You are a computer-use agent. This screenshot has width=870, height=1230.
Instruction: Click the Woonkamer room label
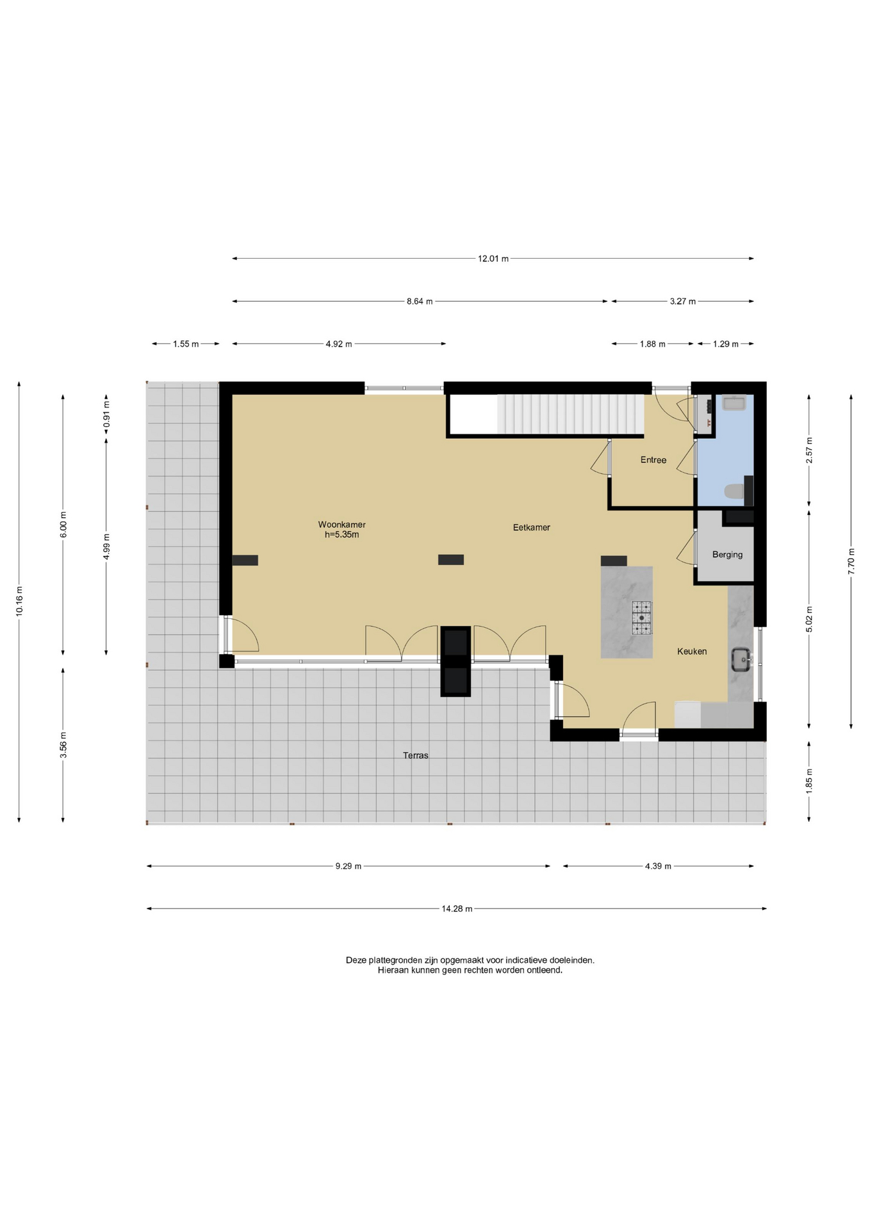341,525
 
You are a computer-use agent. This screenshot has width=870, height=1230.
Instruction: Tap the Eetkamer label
531,527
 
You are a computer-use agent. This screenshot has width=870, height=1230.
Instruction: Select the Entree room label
653,460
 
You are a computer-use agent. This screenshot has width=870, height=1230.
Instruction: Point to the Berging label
727,555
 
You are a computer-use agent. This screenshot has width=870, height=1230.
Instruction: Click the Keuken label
692,652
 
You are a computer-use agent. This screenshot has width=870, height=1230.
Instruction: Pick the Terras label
415,755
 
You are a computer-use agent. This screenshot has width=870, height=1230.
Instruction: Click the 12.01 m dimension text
493,259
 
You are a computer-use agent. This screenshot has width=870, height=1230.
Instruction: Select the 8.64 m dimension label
419,301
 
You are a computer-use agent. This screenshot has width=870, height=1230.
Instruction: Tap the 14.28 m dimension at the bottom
456,908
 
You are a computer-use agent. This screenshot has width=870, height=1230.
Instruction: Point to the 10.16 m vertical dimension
19,601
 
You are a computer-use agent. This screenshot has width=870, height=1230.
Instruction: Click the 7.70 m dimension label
851,561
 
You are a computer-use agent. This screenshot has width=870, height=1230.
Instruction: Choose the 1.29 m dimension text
725,344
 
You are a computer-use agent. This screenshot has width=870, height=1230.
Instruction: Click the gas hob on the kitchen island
641,618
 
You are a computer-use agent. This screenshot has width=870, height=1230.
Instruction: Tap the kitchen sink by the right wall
741,659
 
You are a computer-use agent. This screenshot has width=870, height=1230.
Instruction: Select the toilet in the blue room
734,491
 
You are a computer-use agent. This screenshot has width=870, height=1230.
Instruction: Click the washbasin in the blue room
734,403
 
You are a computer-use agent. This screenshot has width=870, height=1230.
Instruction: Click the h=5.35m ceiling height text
341,534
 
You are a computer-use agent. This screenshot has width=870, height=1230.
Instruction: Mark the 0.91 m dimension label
106,414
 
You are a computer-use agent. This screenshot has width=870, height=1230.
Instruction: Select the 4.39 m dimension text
658,866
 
